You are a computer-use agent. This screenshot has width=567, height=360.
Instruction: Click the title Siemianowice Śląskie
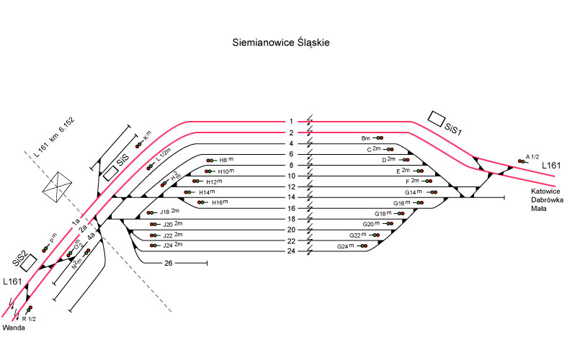[281, 42]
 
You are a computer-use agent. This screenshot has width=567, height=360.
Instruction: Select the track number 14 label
[291, 197]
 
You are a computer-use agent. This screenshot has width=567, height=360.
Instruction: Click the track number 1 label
[291, 122]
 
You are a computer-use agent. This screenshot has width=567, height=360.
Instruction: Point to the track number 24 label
[291, 251]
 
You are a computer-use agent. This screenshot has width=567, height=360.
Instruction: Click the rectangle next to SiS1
[436, 117]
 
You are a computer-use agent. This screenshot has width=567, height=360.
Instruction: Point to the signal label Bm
[365, 138]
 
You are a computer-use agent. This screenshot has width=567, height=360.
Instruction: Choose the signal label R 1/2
[30, 318]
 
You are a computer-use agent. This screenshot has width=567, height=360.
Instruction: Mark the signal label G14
[413, 192]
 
